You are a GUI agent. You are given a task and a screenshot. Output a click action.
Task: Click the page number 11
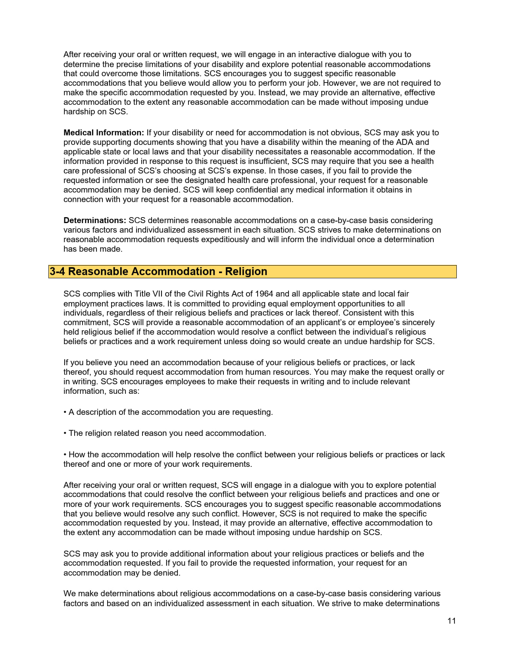451,621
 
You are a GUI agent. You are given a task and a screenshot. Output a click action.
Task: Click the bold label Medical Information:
104,133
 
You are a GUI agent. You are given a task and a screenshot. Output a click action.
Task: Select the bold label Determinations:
95,220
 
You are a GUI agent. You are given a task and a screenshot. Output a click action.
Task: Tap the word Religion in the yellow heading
246,272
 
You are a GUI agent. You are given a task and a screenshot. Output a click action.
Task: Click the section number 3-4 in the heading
57,272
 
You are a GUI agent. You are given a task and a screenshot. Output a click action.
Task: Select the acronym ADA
405,142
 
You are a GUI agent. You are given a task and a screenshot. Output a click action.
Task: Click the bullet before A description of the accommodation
65,412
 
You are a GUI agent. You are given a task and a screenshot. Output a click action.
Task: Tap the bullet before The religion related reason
65,433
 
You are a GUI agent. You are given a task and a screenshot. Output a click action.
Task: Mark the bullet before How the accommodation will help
65,455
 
